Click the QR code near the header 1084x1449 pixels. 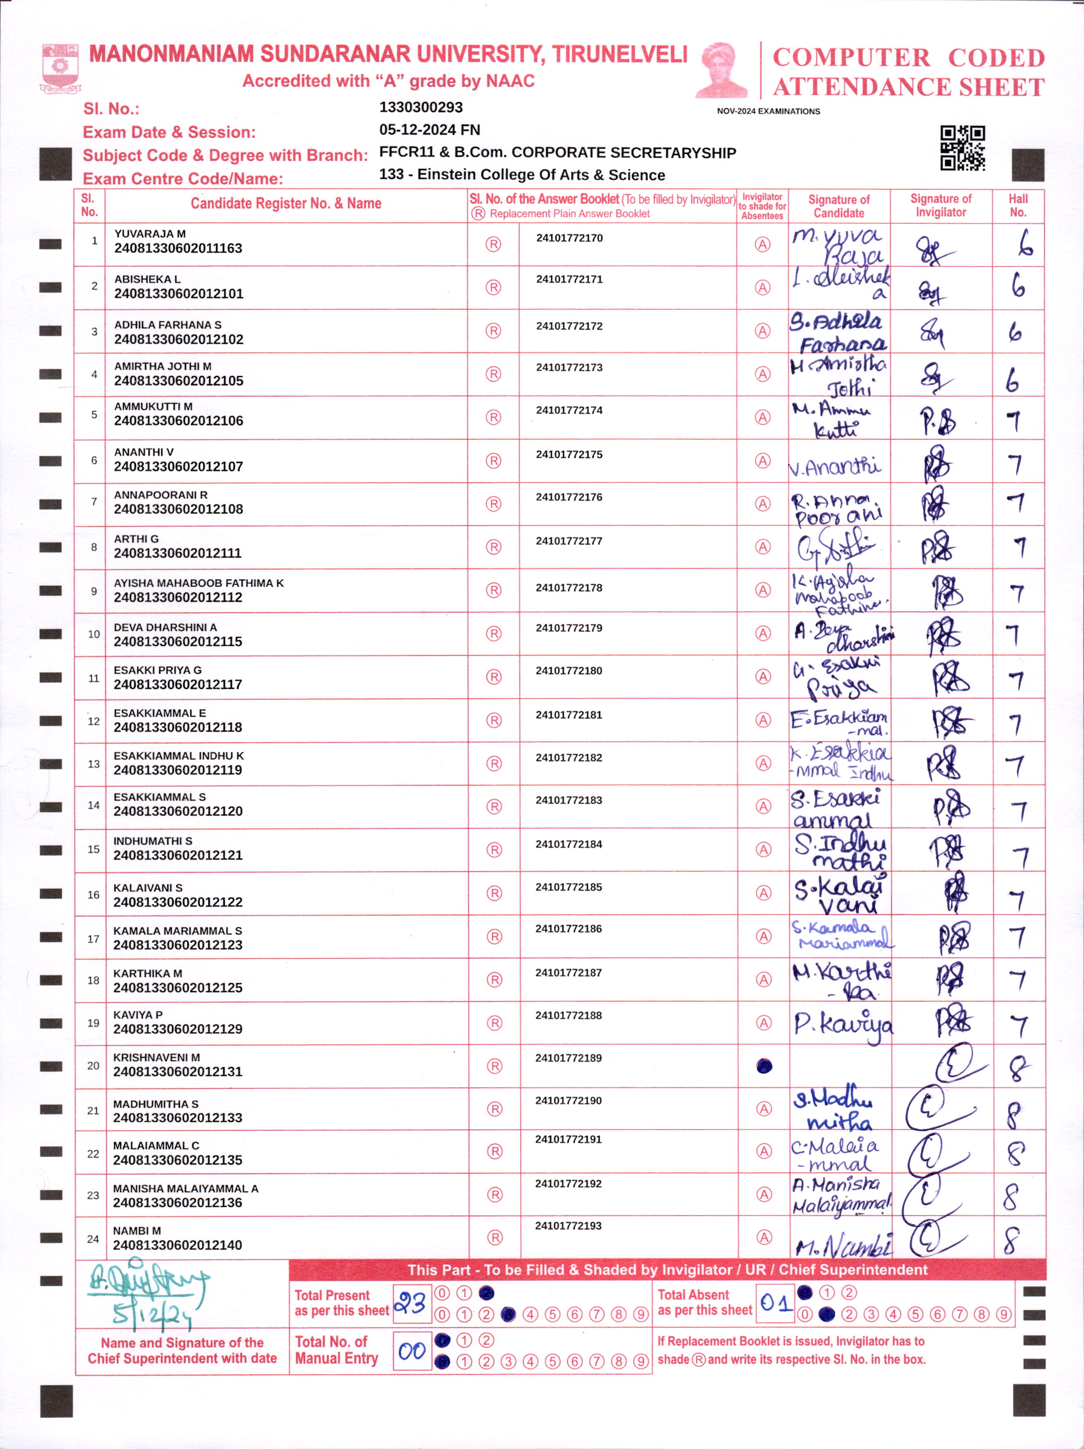(x=962, y=148)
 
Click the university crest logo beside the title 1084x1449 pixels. (x=60, y=68)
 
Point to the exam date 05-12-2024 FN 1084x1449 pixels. (x=429, y=130)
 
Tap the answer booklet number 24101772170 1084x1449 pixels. (x=569, y=238)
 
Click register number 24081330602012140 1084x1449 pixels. (x=177, y=1245)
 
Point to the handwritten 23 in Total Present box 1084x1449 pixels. (x=411, y=1304)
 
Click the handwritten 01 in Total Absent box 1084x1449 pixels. (x=776, y=1302)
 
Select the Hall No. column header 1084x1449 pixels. (x=1017, y=206)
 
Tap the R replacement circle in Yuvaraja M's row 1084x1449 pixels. (x=493, y=244)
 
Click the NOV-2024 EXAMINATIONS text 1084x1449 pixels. (x=768, y=111)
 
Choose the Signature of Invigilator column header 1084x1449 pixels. (x=940, y=206)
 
